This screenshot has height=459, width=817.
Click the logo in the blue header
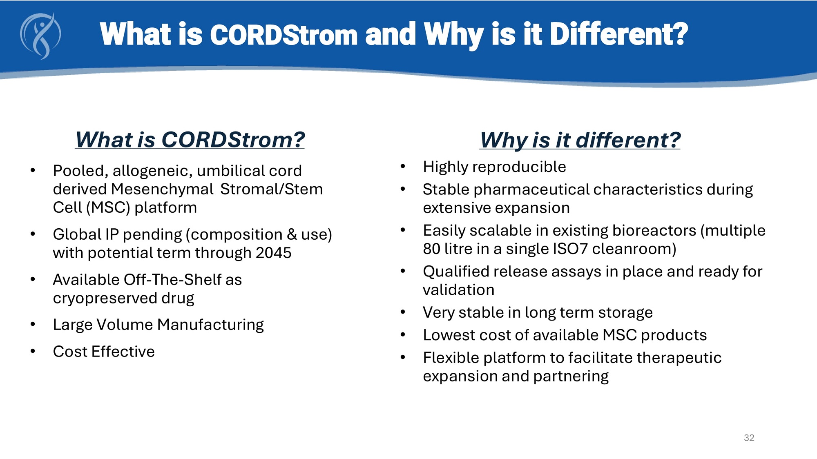tap(40, 36)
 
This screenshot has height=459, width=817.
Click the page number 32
tap(749, 438)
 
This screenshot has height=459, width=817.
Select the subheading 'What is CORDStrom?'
tap(190, 140)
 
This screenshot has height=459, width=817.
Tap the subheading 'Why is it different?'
tap(580, 140)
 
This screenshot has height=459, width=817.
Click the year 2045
tap(273, 253)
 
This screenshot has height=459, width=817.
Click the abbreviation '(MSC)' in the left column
tap(108, 208)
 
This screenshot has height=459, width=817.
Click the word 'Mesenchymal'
tap(162, 189)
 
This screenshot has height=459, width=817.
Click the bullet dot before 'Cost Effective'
tap(33, 351)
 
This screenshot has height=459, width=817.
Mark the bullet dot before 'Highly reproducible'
tap(403, 166)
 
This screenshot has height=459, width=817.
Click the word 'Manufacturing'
tap(211, 325)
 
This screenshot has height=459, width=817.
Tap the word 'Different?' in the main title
tap(619, 34)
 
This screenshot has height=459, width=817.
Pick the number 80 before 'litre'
tap(431, 249)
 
